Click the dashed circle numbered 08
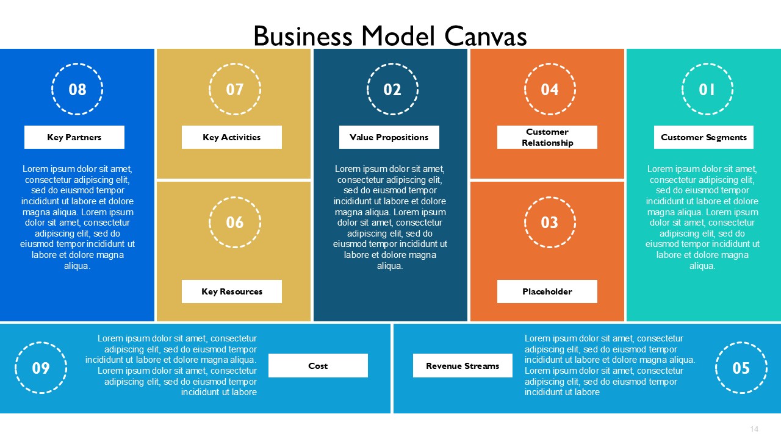coord(77,64)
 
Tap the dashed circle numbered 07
coord(235,64)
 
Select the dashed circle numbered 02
coord(392,64)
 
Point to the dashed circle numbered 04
coord(550,64)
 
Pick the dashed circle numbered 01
coord(707,64)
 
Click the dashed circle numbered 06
coord(235,197)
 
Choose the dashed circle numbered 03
coord(550,197)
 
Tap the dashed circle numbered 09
coord(41,343)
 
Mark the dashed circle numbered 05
coord(741,343)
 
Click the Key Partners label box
coord(74,137)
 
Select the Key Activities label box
coord(231,137)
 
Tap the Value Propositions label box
coord(389,137)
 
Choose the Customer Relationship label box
coord(547,137)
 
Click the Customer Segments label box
coord(704,137)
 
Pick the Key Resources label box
coord(231,291)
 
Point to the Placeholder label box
coord(547,291)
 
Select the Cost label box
coord(318,365)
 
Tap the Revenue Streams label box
coord(462,365)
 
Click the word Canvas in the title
coord(485,36)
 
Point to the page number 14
coord(754,429)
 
